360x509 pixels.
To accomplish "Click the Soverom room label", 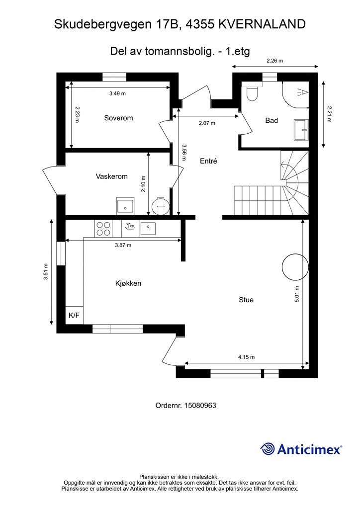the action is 118,118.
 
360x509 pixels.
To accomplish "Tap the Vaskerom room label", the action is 112,176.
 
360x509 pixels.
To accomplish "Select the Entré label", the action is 208,161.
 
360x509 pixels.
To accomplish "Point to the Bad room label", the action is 271,120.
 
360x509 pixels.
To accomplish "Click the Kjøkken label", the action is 128,283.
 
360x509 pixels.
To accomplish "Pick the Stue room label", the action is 246,300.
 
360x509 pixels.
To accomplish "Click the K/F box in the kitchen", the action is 75,315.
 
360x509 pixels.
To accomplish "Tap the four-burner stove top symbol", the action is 103,228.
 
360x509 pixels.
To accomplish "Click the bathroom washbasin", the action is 301,130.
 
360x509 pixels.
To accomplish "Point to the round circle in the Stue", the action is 295,267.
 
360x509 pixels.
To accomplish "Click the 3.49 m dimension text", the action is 117,93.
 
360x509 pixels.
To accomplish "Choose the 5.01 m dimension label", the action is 297,294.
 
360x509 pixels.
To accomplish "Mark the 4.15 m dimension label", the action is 247,357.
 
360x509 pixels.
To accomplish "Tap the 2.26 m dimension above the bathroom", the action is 275,60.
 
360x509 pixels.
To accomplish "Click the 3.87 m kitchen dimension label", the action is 123,246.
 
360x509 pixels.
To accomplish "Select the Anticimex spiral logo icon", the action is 268,449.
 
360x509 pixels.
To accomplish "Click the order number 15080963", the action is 200,406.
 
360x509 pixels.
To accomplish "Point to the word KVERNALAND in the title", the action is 262,24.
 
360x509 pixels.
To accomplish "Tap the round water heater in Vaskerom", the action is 161,206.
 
